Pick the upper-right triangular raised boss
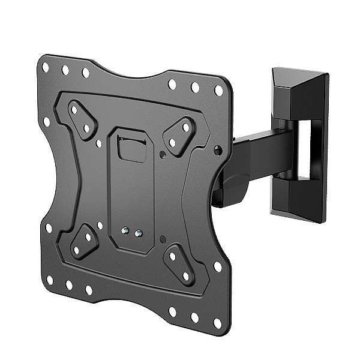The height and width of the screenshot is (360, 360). pos(180,134)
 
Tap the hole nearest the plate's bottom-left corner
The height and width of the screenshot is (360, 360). pos(49,280)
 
